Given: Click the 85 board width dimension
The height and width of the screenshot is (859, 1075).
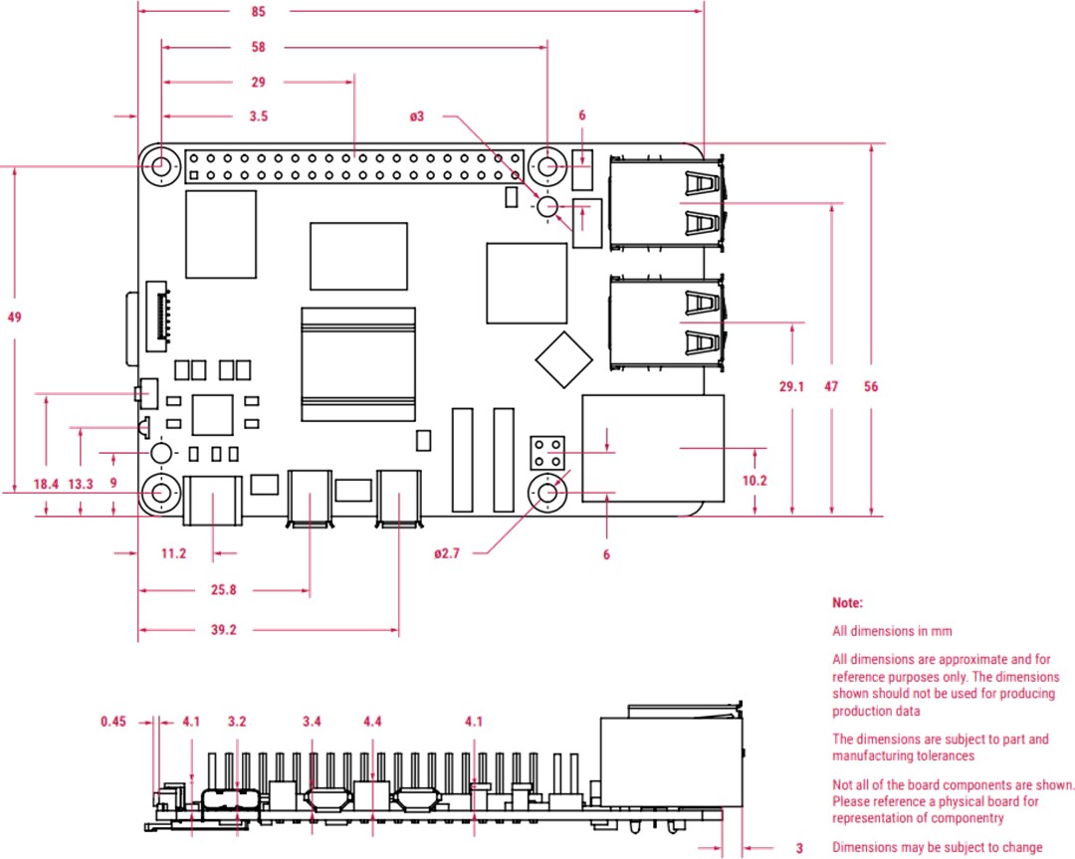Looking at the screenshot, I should pos(259,12).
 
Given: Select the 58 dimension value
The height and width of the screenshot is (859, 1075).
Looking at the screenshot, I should pos(259,47).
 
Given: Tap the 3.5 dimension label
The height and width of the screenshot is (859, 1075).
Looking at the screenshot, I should pos(259,116).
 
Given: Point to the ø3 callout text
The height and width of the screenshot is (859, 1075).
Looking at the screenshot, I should pos(417,116).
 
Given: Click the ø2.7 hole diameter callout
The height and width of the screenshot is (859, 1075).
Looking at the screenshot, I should pos(447,554).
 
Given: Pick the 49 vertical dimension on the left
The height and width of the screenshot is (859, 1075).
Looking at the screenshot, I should pos(14,318).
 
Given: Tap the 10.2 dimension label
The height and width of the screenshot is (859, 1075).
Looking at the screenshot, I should pos(755,480).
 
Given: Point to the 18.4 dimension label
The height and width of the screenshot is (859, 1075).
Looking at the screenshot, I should pos(46,484).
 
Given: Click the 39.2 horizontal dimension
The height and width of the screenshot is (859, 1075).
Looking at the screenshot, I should pos(223,629).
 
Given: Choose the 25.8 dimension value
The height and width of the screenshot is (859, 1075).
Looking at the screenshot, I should pos(223,590).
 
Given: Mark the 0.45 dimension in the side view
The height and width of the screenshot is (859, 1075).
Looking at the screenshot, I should pos(113,722).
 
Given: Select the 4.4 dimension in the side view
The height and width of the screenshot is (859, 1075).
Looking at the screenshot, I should pos(373,722).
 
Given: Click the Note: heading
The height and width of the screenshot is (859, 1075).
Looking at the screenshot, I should pos(847,603).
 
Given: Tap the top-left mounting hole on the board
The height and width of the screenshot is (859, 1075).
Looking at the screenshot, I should pos(159,166).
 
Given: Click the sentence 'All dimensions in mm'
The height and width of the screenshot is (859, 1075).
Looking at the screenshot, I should pos(892,631).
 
